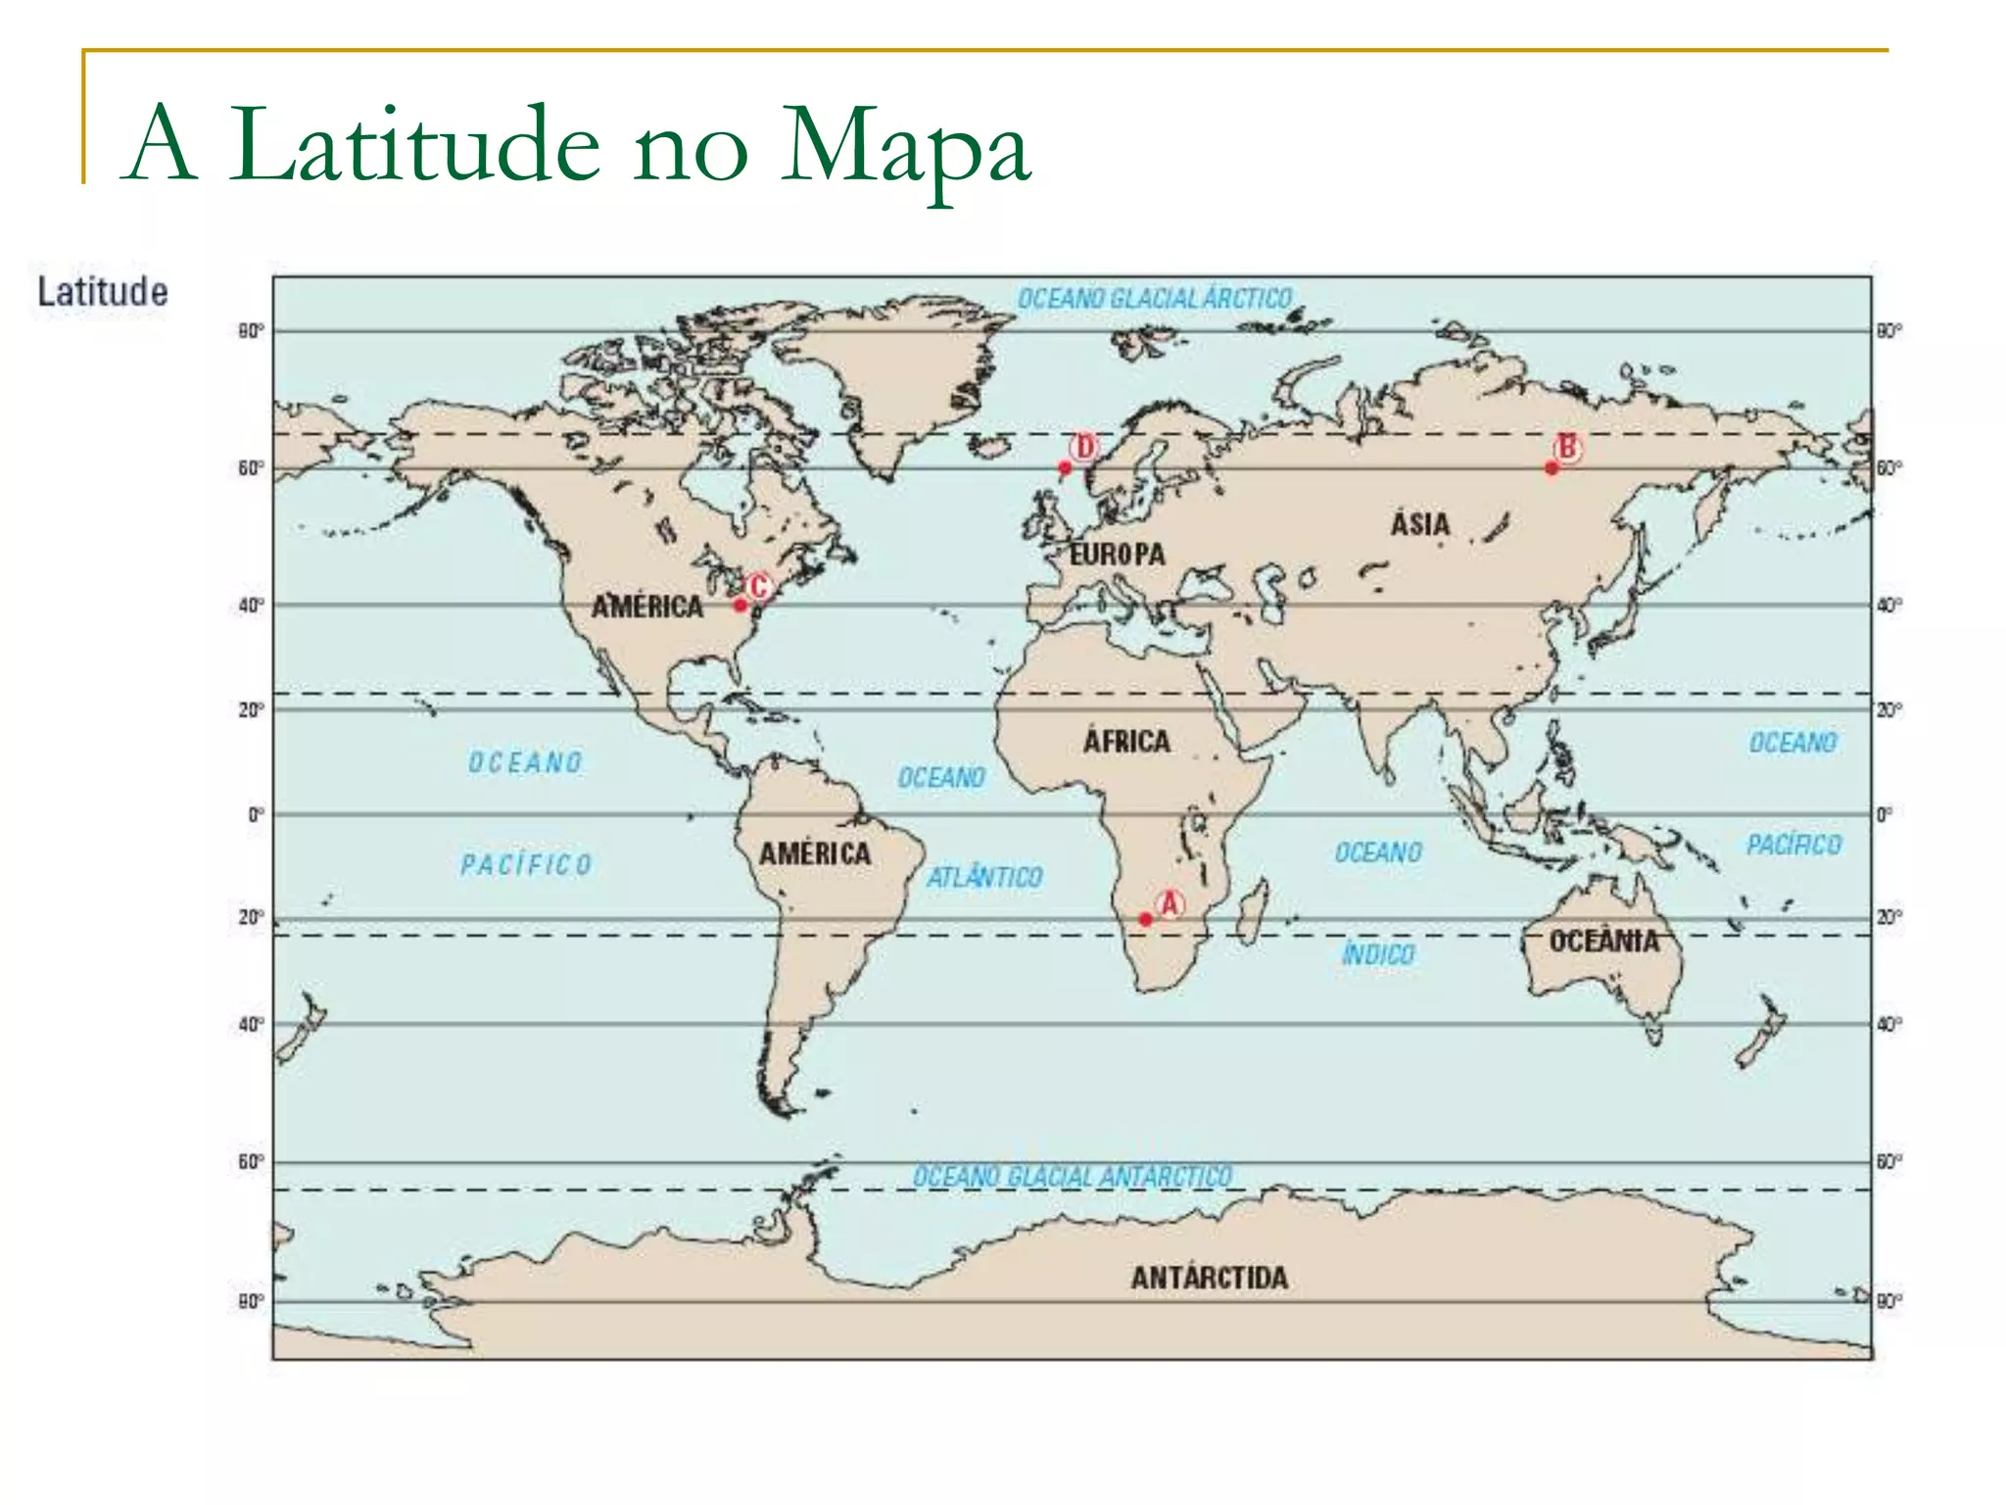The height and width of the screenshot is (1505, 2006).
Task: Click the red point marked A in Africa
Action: [x=1145, y=919]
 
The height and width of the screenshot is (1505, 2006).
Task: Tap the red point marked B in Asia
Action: [x=1552, y=468]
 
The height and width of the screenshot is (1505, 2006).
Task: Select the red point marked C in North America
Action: [x=740, y=605]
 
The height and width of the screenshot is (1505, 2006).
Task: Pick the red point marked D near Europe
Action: [x=1065, y=467]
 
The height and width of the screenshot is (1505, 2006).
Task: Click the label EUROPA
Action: [x=1118, y=555]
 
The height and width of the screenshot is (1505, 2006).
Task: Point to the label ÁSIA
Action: [x=1420, y=524]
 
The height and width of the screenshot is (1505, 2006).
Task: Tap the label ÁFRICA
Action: [x=1126, y=741]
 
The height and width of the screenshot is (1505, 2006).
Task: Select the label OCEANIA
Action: [x=1603, y=942]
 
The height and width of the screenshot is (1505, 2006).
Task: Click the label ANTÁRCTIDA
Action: [x=1209, y=1278]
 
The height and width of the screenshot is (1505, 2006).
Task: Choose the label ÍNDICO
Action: [x=1378, y=953]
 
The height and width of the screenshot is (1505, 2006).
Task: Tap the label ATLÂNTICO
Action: [x=984, y=877]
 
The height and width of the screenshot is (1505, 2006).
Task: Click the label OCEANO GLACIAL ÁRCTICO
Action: [x=1154, y=298]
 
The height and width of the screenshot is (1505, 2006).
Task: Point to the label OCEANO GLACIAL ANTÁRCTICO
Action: [x=1073, y=1176]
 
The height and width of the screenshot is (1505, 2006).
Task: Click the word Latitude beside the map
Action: [x=103, y=292]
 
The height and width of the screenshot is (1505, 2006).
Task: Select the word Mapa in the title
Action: [x=905, y=147]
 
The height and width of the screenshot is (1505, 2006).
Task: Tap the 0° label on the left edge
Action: [x=255, y=814]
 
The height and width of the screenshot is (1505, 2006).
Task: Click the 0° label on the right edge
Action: [x=1885, y=814]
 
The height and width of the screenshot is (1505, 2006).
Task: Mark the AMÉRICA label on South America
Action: [x=815, y=853]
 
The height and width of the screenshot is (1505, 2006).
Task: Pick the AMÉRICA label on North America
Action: [x=647, y=607]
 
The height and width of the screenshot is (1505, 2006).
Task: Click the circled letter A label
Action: [x=1169, y=903]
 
